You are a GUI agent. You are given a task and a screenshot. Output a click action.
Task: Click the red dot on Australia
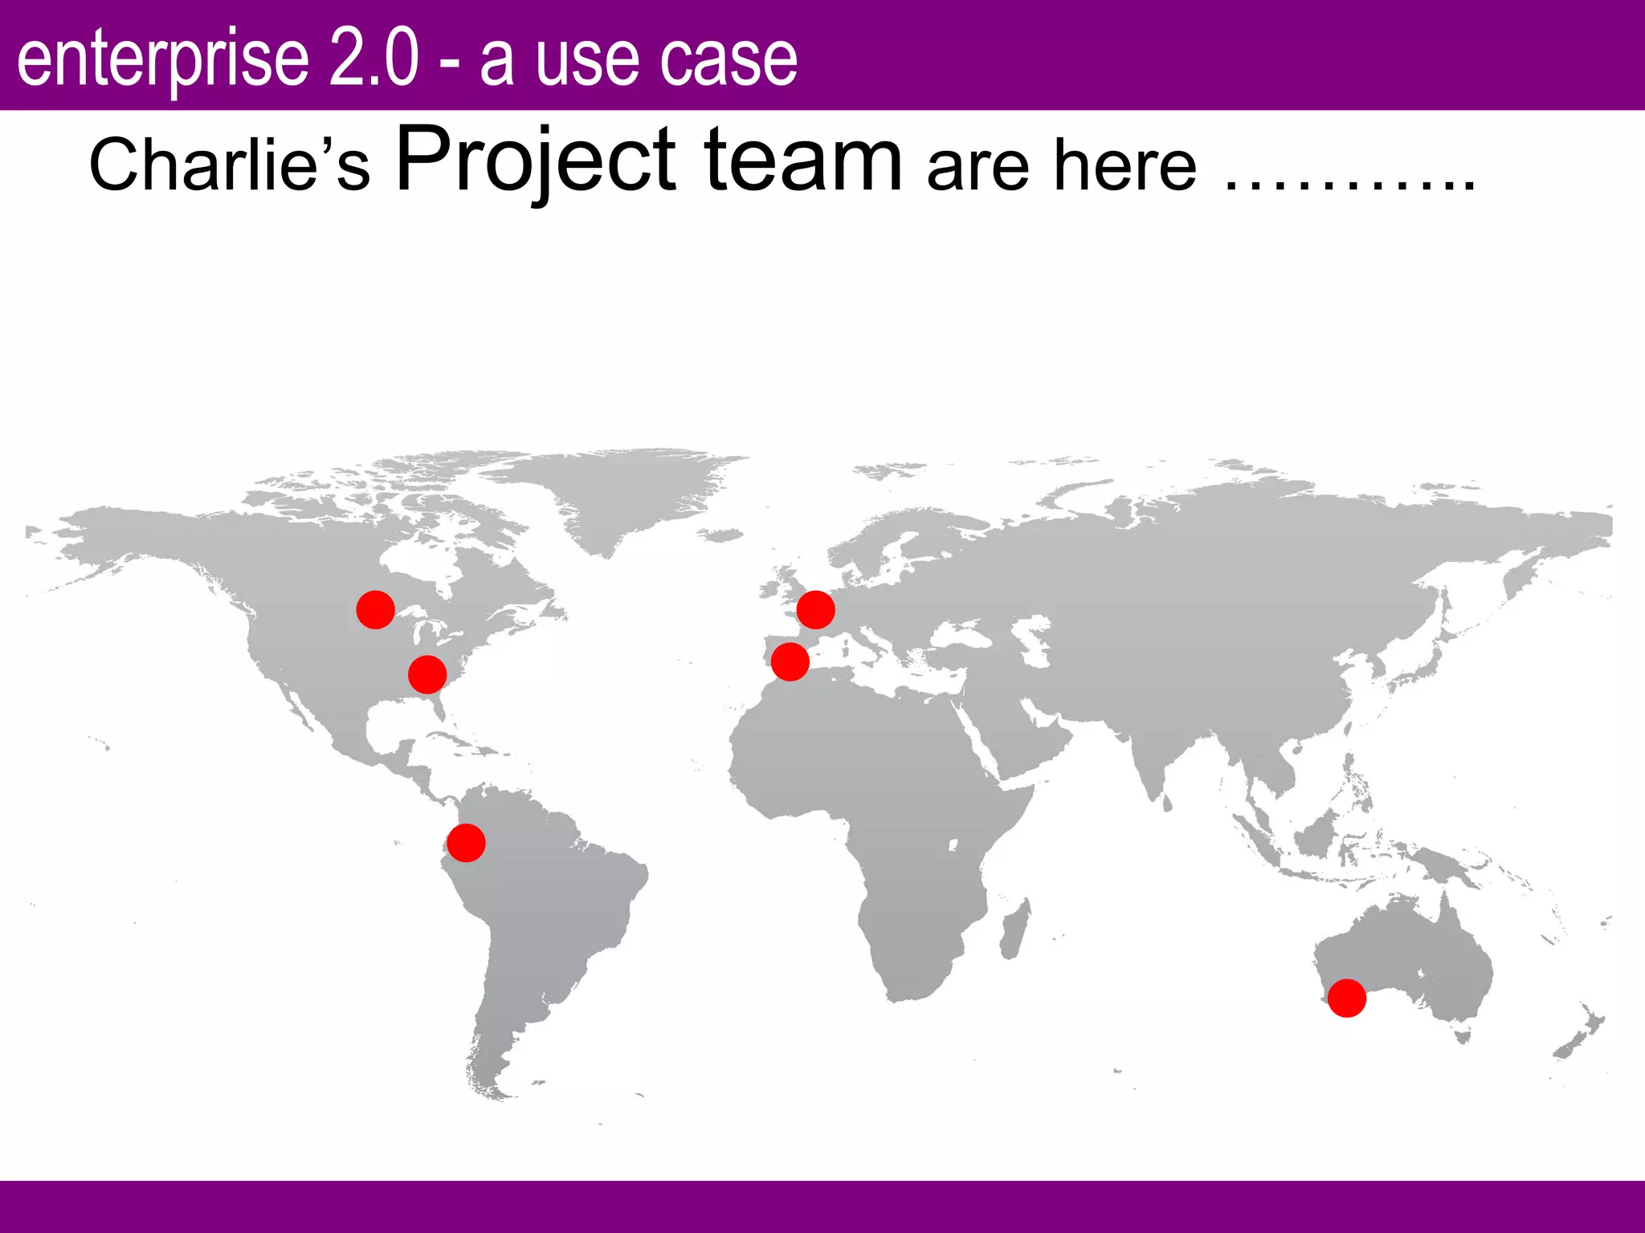tap(1346, 998)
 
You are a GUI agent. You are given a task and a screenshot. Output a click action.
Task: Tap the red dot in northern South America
tap(466, 843)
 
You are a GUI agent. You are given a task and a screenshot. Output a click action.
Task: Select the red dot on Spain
tap(790, 661)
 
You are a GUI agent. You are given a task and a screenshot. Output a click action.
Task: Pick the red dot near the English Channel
tap(815, 610)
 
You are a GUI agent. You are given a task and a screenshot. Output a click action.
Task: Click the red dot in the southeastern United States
tap(427, 674)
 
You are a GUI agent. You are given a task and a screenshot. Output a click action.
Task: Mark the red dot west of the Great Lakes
tap(375, 610)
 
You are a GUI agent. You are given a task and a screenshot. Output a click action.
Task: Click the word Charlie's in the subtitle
tap(229, 165)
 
